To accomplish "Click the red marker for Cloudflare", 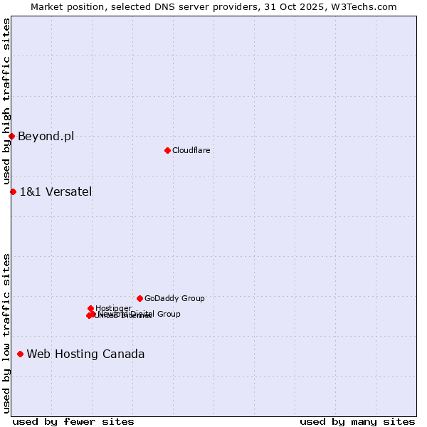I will [x=167, y=150].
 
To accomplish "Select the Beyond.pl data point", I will [x=12, y=136].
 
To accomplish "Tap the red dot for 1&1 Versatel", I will [x=13, y=191].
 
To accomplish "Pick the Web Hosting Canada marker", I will [x=20, y=354].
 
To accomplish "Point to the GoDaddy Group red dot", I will [x=139, y=298].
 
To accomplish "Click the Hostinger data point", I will [x=90, y=308].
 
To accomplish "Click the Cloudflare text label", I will [x=191, y=150].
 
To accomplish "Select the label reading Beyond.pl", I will [x=46, y=137].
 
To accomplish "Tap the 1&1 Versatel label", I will [x=56, y=191].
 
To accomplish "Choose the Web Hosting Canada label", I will [x=85, y=354].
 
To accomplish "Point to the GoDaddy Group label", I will [x=174, y=299].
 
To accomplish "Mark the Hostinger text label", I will [x=113, y=308].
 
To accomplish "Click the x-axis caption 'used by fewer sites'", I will [x=73, y=421].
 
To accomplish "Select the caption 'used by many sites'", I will [x=357, y=421].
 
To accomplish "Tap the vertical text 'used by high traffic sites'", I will [x=6, y=102].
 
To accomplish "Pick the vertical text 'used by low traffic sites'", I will [x=6, y=332].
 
